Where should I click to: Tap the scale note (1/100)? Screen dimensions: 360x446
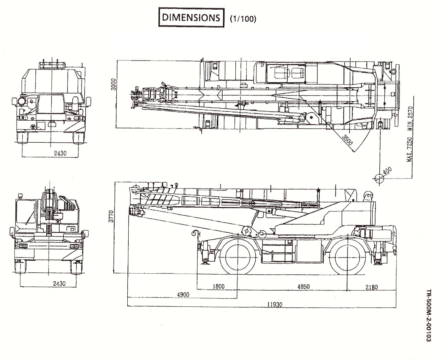243,19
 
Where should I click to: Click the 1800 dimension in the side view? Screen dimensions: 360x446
218,286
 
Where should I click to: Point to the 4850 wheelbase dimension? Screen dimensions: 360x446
303,286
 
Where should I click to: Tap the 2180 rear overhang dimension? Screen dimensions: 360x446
371,286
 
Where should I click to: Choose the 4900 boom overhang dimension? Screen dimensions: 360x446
183,295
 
